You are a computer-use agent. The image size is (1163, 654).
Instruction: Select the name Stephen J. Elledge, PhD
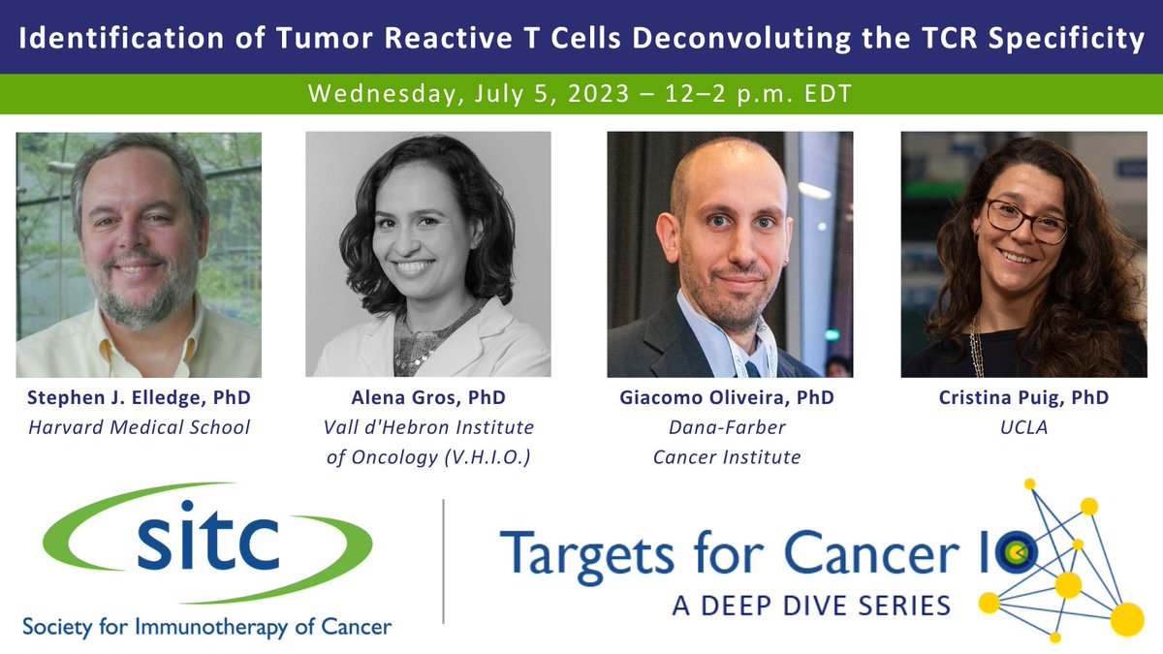139,398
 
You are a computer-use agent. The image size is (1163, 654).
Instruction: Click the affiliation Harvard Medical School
139,427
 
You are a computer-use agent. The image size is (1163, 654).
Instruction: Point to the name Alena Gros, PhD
429,398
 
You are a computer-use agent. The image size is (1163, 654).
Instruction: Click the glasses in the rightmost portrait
1025,220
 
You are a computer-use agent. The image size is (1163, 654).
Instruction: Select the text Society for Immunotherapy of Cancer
206,627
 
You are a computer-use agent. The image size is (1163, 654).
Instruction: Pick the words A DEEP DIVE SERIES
811,607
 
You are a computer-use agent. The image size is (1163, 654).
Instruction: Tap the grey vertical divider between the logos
443,562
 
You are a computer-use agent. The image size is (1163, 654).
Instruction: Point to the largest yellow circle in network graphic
1126,618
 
